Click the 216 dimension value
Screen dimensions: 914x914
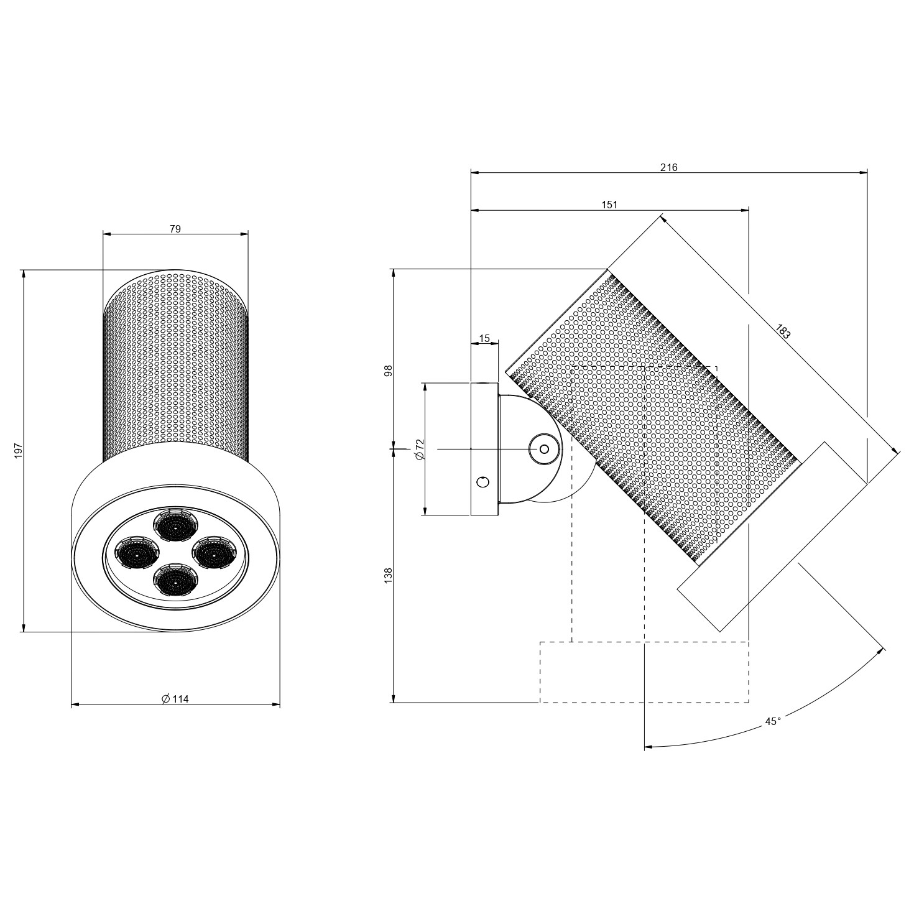tap(668, 167)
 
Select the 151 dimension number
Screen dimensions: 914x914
tap(609, 205)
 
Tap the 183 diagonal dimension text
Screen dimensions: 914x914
tap(783, 331)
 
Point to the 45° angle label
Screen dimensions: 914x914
tap(773, 721)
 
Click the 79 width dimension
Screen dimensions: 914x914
tap(175, 229)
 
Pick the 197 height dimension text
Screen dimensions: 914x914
tap(19, 450)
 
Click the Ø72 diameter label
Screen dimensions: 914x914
tap(419, 449)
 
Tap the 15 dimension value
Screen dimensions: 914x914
tap(484, 339)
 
